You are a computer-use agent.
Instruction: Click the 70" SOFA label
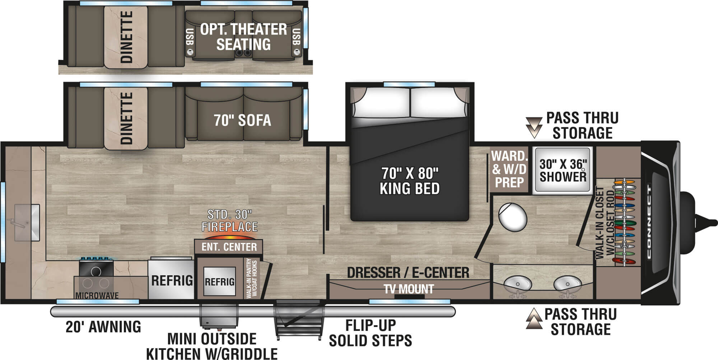coord(242,120)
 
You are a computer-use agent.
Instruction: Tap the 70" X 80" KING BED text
coord(410,181)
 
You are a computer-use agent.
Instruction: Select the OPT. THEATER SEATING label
coord(243,37)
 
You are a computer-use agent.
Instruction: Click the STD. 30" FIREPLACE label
coord(229,221)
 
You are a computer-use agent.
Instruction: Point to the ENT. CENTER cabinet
coord(229,247)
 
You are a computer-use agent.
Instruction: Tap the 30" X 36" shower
coord(563,170)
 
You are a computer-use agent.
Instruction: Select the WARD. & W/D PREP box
coord(509,169)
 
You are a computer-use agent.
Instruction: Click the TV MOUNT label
coord(409,289)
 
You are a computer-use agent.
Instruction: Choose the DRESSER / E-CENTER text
coord(408,273)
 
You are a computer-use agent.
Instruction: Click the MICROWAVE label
coord(97,295)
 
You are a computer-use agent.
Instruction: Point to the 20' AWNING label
coord(103,327)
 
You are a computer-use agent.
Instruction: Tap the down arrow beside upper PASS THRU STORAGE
coord(534,127)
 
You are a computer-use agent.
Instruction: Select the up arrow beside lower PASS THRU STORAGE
coord(534,319)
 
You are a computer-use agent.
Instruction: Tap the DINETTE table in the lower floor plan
coord(126,118)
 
